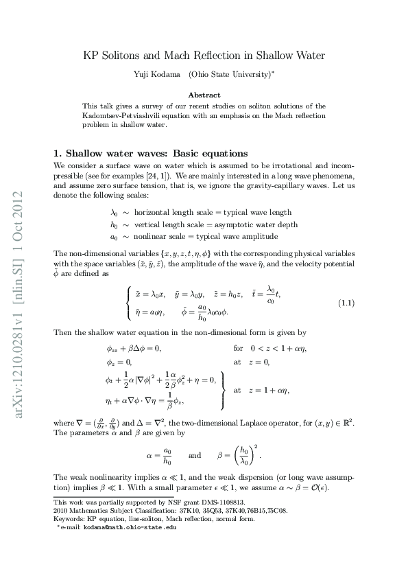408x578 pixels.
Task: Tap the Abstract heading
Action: (x=204, y=95)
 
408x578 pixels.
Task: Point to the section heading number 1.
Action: (x=58, y=153)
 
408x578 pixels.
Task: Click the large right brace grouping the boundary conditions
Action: (x=224, y=390)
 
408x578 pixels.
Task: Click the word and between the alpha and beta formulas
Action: (x=195, y=454)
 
